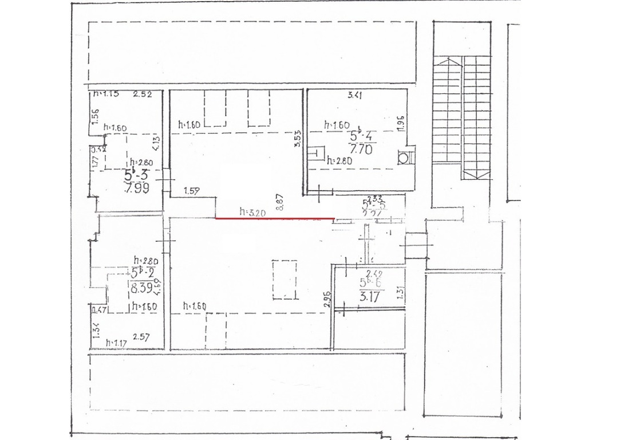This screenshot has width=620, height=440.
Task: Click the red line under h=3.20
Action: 275,218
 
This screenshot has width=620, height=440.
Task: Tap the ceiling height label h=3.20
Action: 252,211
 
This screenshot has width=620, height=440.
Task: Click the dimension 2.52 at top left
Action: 142,95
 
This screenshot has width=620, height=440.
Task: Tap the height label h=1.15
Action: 106,94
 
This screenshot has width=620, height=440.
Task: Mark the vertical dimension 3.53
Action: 297,139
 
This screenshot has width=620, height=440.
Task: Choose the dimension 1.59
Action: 192,191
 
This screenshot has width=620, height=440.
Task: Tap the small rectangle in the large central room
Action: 285,279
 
